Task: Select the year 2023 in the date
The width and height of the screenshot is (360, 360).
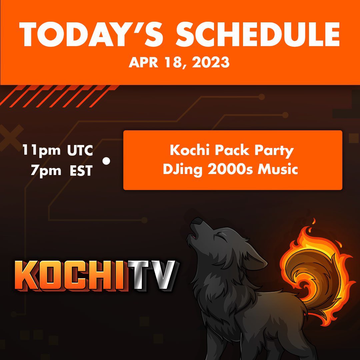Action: (211, 62)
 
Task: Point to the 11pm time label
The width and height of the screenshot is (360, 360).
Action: (42, 151)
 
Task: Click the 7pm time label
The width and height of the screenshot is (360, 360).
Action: (46, 171)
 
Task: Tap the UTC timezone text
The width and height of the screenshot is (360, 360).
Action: (80, 151)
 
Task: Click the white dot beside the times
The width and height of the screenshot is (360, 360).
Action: (106, 161)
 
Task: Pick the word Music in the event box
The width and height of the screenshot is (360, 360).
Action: (279, 170)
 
